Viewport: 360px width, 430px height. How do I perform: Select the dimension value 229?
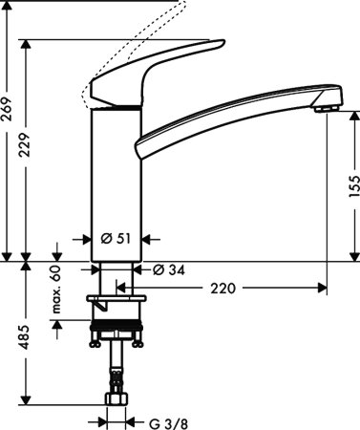36,143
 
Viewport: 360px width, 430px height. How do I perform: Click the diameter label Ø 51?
116,240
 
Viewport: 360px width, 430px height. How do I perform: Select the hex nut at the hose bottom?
116,396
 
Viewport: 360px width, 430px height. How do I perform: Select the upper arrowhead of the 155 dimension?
328,118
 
